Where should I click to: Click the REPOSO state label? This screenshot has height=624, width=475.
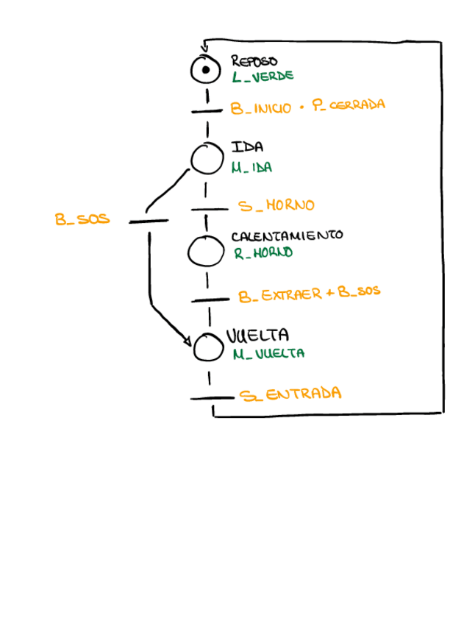click(254, 62)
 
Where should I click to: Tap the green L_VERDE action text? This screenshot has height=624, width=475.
click(262, 76)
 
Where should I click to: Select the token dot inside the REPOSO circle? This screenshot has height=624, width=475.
click(206, 70)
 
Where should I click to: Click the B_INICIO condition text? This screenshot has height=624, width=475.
click(261, 108)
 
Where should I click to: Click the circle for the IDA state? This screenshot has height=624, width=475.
click(207, 157)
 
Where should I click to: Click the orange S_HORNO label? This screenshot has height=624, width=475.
click(276, 205)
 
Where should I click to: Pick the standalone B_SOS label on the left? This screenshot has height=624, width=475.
click(82, 219)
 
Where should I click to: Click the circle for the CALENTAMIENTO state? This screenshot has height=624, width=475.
click(205, 251)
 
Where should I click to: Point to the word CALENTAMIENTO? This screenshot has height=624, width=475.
click(287, 236)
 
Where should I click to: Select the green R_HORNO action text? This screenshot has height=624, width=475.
click(263, 252)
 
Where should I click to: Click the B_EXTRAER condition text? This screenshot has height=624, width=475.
click(280, 295)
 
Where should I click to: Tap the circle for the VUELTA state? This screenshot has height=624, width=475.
click(208, 347)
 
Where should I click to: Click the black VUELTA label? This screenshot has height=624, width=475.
click(257, 337)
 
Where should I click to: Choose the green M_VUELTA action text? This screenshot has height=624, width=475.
click(268, 354)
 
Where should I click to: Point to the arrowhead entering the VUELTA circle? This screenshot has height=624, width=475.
click(188, 342)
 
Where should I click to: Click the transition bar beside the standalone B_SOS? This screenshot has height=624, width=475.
click(149, 220)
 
